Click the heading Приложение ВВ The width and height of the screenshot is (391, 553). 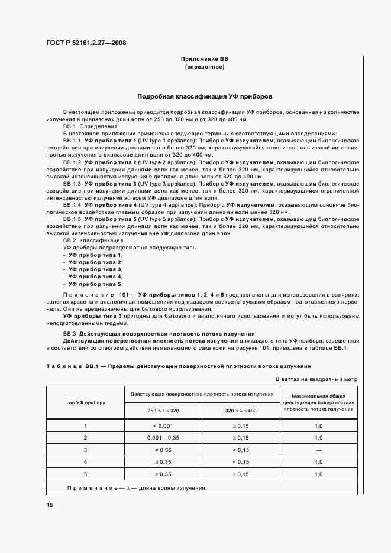click(204, 60)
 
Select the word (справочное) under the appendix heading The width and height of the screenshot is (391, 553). click(204, 67)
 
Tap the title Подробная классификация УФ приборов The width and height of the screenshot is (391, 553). click(204, 96)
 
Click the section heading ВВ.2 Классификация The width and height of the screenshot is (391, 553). click(93, 240)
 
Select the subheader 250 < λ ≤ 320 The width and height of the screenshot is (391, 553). click(162, 410)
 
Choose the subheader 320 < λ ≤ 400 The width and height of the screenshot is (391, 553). click(240, 410)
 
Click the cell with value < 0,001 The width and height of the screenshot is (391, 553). click(162, 425)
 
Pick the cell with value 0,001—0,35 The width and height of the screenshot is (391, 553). click(162, 438)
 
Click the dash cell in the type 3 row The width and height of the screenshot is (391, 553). click(318, 450)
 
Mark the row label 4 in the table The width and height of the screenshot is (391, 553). click(85, 462)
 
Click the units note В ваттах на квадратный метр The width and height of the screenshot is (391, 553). click(316, 379)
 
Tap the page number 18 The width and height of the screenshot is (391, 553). click(49, 505)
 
